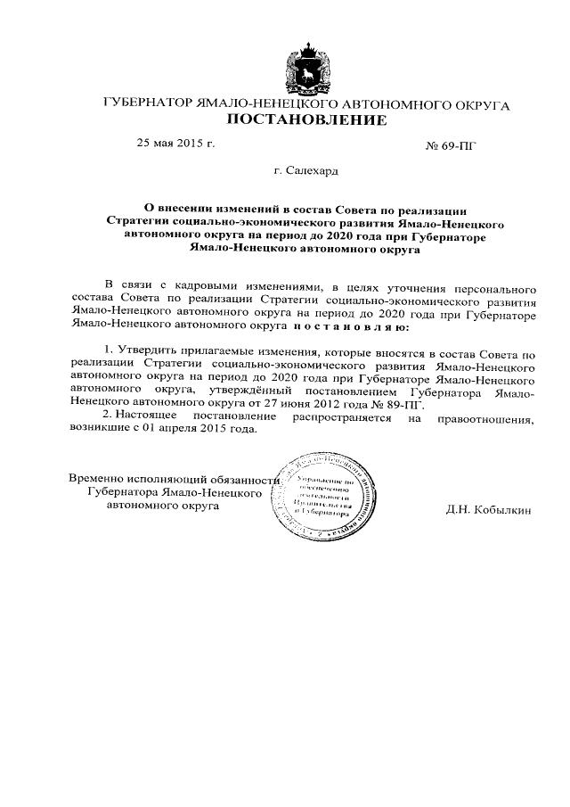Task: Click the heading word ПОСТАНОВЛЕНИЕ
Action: (x=305, y=120)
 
